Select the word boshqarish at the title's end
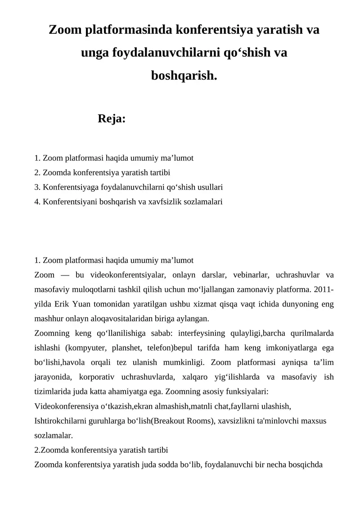184,76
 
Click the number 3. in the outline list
37,187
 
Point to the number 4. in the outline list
37,202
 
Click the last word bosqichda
304,465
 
